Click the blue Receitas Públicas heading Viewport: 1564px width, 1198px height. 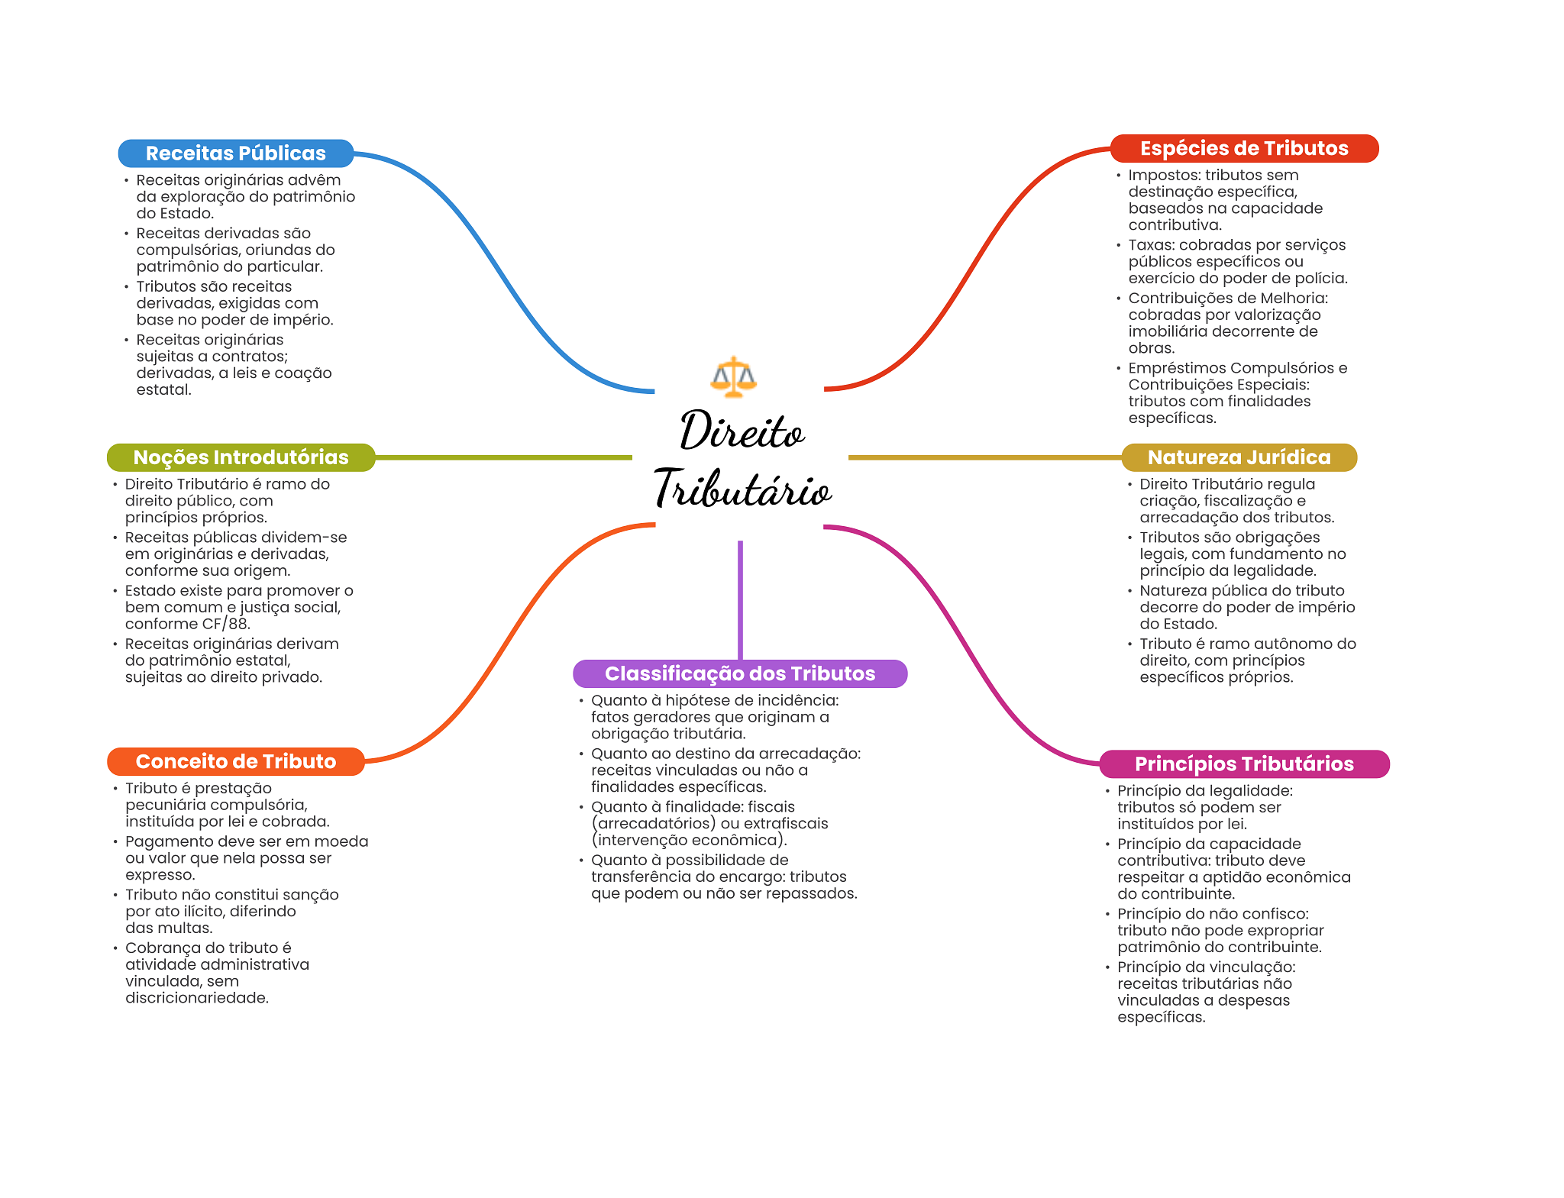(x=235, y=153)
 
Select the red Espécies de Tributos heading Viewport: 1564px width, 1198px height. (x=1243, y=148)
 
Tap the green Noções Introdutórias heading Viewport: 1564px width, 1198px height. (x=241, y=457)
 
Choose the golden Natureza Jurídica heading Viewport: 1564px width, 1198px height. (x=1239, y=457)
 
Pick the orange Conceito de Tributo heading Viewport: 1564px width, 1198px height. (x=235, y=761)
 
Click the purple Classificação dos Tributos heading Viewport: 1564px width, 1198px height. (x=739, y=673)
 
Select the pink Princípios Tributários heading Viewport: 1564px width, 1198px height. (x=1243, y=764)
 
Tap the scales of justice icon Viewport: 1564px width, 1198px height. (x=733, y=376)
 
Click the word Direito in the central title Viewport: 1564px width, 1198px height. (x=742, y=431)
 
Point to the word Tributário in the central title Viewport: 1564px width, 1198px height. (x=742, y=489)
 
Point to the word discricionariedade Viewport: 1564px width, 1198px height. (x=196, y=998)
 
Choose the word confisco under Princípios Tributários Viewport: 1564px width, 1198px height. (x=1277, y=914)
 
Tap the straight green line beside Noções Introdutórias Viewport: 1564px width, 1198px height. (x=504, y=457)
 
